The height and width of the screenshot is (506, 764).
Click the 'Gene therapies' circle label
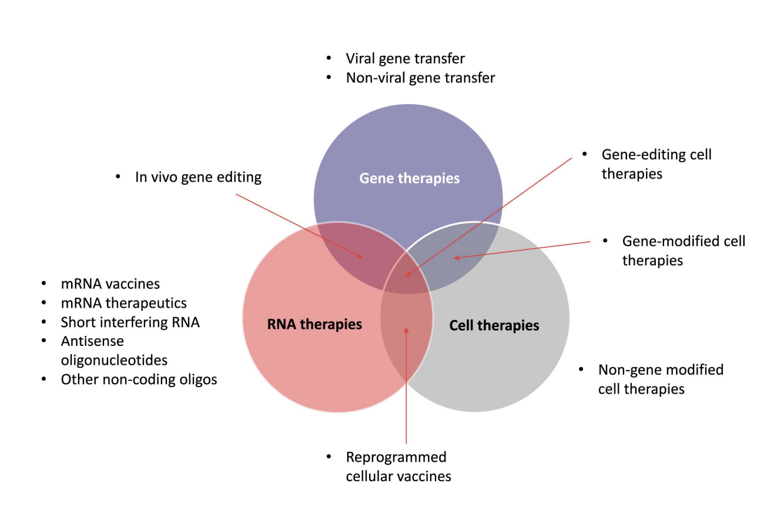click(x=409, y=178)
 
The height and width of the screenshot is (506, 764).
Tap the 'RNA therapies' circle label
click(x=314, y=324)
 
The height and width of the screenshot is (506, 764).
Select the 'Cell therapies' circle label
click(x=494, y=325)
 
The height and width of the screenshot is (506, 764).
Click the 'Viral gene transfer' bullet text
click(x=405, y=59)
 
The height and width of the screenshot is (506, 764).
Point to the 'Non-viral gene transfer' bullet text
click(x=421, y=78)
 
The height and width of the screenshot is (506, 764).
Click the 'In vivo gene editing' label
click(x=198, y=177)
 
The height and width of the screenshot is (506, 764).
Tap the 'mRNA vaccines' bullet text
click(x=110, y=284)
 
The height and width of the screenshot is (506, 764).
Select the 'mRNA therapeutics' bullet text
click(x=124, y=303)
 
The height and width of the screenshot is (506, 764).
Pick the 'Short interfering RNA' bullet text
click(x=130, y=322)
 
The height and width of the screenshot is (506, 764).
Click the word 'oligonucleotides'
click(x=114, y=360)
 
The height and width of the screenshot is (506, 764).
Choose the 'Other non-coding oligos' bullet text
click(x=139, y=379)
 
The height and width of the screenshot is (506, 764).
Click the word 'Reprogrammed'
click(x=396, y=458)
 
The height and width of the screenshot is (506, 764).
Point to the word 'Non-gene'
click(x=627, y=370)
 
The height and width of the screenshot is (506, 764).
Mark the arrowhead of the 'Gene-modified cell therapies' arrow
click(x=457, y=258)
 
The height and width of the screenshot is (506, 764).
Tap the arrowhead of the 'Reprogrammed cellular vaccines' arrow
click(x=406, y=329)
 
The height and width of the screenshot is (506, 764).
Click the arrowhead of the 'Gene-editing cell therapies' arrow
click(x=408, y=274)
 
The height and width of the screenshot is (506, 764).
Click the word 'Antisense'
click(x=92, y=341)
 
